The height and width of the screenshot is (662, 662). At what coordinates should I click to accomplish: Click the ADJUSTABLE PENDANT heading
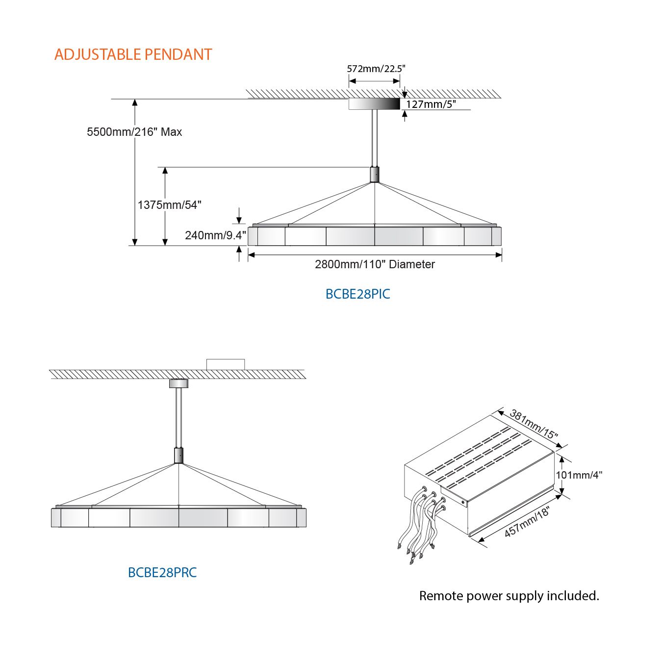(x=133, y=54)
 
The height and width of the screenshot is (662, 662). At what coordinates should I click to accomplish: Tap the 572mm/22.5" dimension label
(x=376, y=69)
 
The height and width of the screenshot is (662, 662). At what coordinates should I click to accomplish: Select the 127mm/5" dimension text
(x=431, y=104)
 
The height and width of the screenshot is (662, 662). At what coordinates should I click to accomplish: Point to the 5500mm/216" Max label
(x=134, y=132)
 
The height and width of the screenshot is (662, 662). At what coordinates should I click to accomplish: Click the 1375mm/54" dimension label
(x=170, y=205)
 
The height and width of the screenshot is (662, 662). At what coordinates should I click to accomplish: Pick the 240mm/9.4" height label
(x=215, y=235)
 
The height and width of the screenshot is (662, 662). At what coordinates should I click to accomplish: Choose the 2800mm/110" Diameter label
(x=375, y=264)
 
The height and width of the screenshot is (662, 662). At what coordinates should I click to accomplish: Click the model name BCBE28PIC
(x=358, y=294)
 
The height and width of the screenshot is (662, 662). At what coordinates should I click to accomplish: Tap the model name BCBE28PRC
(x=162, y=573)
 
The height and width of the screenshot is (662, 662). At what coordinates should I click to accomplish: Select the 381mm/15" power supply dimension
(x=534, y=425)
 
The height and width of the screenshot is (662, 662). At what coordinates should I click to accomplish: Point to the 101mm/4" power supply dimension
(x=579, y=475)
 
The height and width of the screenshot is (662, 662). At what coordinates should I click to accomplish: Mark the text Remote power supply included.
(x=509, y=596)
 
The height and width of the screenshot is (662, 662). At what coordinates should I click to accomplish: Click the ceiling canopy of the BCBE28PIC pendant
(x=374, y=104)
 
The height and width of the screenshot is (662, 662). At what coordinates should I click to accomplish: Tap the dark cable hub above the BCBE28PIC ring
(x=375, y=175)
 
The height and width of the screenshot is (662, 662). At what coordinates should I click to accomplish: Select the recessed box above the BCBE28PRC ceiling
(x=226, y=364)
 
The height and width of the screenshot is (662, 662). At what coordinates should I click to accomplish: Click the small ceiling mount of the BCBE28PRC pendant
(x=178, y=383)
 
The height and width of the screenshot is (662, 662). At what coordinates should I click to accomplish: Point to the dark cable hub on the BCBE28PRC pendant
(x=179, y=456)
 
